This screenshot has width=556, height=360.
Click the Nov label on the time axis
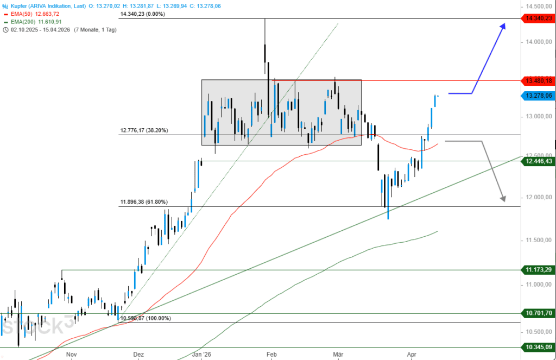pyautogui.click(x=71, y=354)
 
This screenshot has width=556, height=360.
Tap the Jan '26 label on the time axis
pyautogui.click(x=201, y=354)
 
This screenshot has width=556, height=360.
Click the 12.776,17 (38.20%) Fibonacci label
pyautogui.click(x=144, y=130)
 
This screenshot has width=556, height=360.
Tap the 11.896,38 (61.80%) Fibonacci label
pyautogui.click(x=144, y=202)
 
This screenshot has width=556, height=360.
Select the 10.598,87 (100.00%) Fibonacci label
pyautogui.click(x=146, y=318)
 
